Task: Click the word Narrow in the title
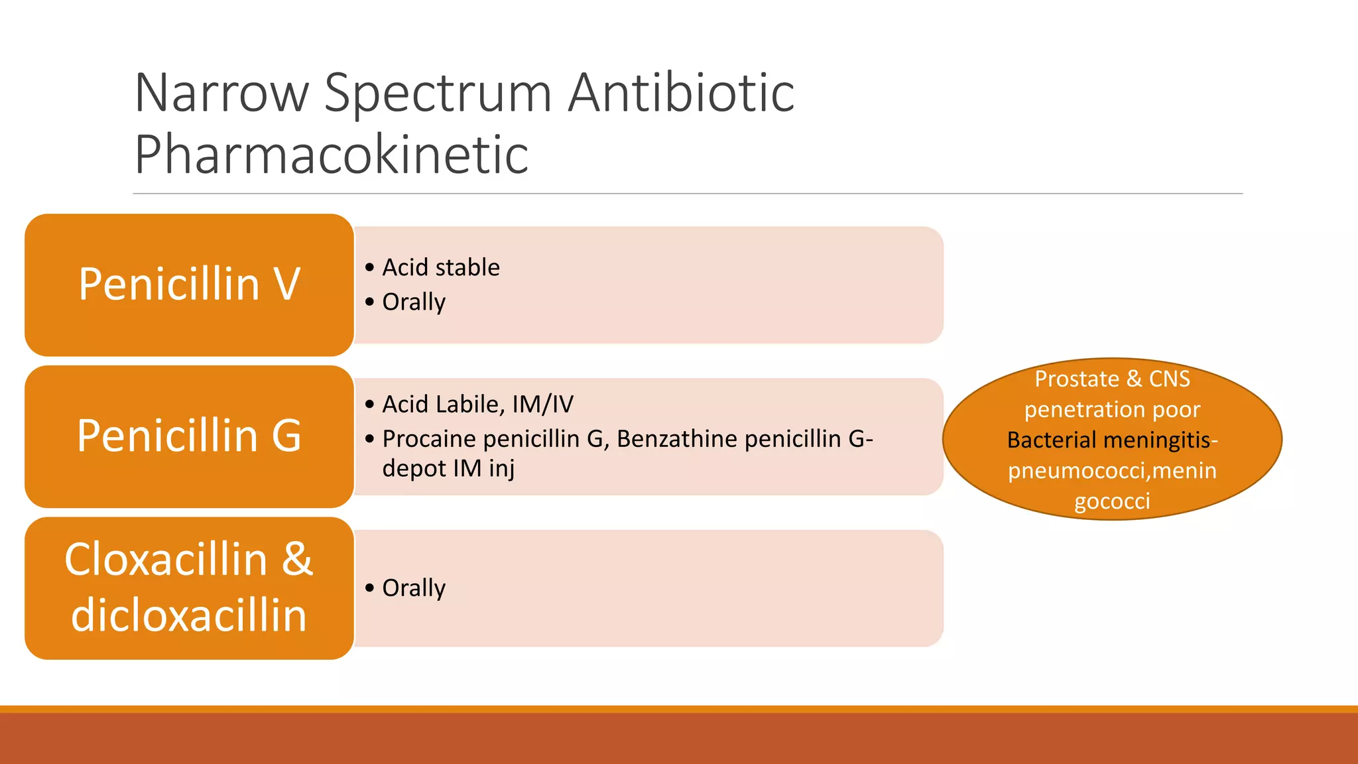[x=221, y=93]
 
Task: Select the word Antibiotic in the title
[x=681, y=93]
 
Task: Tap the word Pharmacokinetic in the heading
[x=331, y=155]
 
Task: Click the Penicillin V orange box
[x=189, y=285]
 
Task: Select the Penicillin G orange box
[x=189, y=436]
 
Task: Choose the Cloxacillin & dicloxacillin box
[x=189, y=588]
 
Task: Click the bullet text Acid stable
[x=441, y=267]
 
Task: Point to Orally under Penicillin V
[x=414, y=302]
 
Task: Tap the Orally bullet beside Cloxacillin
[x=414, y=588]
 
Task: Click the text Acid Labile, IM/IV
[x=477, y=404]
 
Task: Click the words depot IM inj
[x=448, y=468]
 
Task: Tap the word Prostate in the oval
[x=1077, y=379]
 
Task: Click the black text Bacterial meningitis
[x=1108, y=440]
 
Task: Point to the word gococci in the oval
[x=1112, y=501]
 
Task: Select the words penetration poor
[x=1112, y=410]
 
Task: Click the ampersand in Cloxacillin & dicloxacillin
[x=297, y=559]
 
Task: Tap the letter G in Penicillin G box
[x=286, y=436]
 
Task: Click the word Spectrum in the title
[x=438, y=93]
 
